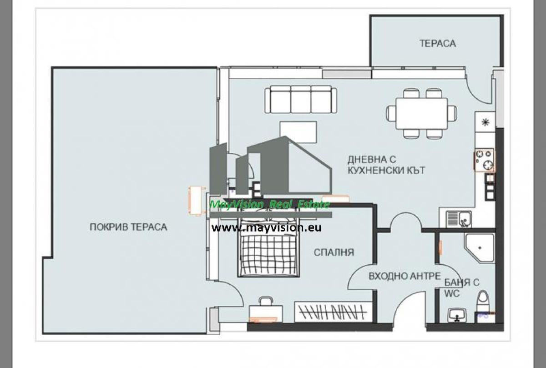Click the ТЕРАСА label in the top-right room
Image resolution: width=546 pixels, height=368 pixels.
tap(438, 43)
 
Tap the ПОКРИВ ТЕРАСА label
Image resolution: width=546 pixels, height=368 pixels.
tap(128, 227)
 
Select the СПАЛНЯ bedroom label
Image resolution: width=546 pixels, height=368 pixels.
tap(334, 252)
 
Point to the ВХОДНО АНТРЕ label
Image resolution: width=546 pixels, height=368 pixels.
tap(404, 276)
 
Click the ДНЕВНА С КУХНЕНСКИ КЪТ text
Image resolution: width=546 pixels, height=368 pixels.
tap(386, 165)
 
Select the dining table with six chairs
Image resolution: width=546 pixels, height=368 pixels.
tap(422, 114)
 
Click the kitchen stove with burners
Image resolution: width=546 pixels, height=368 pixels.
tap(484, 160)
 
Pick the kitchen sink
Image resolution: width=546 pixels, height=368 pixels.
tap(459, 219)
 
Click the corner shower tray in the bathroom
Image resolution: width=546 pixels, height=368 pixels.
tap(480, 248)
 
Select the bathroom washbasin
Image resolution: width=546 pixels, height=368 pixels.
tap(457, 315)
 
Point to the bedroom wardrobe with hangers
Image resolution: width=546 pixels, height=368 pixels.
tap(334, 312)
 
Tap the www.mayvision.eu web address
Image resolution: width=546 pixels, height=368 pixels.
tap(266, 228)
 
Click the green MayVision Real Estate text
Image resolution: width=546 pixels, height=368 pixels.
tap(269, 205)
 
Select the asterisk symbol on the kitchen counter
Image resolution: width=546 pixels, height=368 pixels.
tap(485, 122)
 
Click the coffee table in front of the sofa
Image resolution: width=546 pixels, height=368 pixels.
tap(298, 132)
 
